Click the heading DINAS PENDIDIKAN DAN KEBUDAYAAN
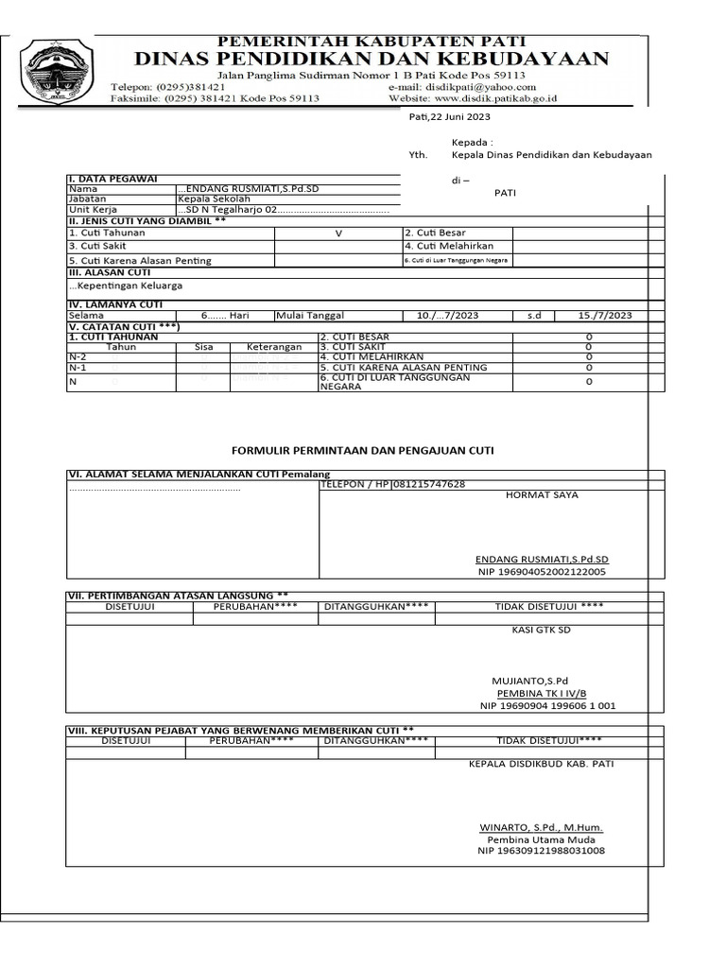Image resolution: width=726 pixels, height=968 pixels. click(372, 59)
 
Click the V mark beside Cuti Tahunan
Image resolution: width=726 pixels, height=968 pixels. click(337, 233)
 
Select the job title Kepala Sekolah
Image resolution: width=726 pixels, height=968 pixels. click(214, 199)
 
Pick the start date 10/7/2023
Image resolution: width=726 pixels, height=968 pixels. click(448, 316)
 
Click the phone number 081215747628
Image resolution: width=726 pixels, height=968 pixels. click(429, 484)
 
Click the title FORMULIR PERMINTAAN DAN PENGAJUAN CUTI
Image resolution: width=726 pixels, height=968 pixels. click(363, 451)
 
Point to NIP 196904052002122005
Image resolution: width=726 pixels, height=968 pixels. click(542, 572)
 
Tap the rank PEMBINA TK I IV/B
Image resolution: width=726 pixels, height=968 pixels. click(542, 693)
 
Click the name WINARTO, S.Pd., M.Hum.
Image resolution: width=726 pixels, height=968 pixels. click(541, 827)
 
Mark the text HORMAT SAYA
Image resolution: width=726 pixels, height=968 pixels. click(542, 494)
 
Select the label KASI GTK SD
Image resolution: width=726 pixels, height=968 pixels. click(542, 630)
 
